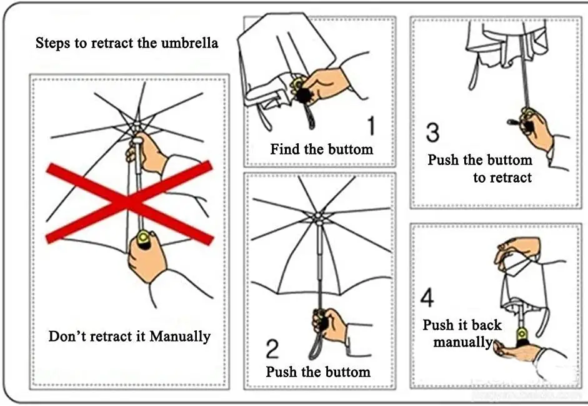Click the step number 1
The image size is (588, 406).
pos(371,125)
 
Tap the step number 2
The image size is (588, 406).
pos(272,348)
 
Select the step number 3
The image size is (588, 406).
pos(432,133)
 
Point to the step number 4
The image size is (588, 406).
pos(427,298)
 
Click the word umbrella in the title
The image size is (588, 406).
pos(188,43)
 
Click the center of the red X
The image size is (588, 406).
pos(129,201)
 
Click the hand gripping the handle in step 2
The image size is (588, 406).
pos(331,324)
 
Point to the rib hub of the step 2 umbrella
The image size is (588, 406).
pos(318,218)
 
